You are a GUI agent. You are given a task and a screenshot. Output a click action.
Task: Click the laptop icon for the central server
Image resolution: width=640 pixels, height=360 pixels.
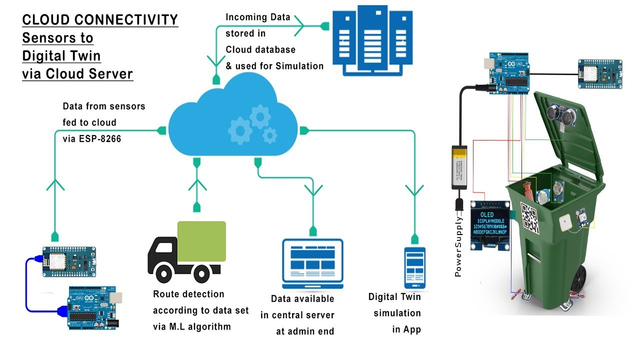coord(313,263)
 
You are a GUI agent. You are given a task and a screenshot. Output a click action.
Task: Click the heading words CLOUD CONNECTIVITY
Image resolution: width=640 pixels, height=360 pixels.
coord(100,20)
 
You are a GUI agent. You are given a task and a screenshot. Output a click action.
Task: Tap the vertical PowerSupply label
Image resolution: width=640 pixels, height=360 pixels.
coord(458,247)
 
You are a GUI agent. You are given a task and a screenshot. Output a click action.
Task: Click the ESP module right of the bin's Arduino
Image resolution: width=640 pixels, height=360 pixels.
coord(599,73)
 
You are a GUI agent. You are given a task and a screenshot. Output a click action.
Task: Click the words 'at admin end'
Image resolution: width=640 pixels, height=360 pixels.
coord(304,331)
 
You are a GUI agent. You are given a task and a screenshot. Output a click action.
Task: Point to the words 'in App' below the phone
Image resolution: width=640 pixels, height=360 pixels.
coord(406,329)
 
